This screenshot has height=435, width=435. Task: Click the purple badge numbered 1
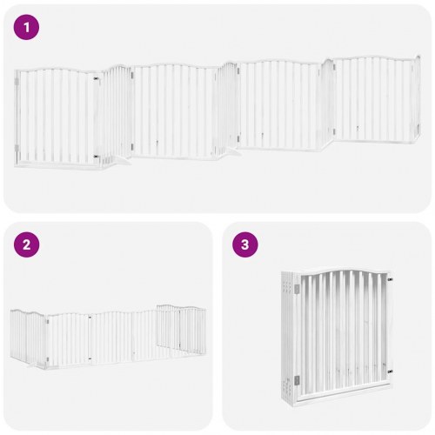[x=26, y=27]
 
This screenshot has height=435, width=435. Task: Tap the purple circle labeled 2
[x=26, y=244]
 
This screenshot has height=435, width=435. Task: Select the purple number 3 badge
[x=245, y=244]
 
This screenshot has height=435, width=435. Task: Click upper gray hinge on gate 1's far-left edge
[x=17, y=82]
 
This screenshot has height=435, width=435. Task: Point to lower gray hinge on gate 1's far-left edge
[x=17, y=148]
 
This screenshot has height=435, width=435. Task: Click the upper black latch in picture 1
[x=96, y=78]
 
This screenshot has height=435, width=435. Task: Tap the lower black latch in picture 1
[x=96, y=157]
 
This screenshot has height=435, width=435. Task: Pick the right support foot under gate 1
[x=232, y=151]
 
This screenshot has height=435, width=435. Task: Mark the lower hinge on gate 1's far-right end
[x=418, y=128]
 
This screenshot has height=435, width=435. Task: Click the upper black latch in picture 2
[x=90, y=318]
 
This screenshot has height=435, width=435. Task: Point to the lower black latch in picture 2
[x=90, y=358]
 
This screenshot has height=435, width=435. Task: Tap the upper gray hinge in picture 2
[x=47, y=321]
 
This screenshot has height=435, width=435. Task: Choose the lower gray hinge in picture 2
[x=47, y=359]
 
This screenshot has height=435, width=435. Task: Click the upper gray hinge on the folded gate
[x=297, y=289]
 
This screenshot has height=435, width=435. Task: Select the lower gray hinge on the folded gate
[x=297, y=379]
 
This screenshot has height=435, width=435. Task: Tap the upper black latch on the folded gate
[x=390, y=280]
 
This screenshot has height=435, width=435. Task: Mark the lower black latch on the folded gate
[x=390, y=371]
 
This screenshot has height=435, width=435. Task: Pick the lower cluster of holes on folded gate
[x=287, y=386]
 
